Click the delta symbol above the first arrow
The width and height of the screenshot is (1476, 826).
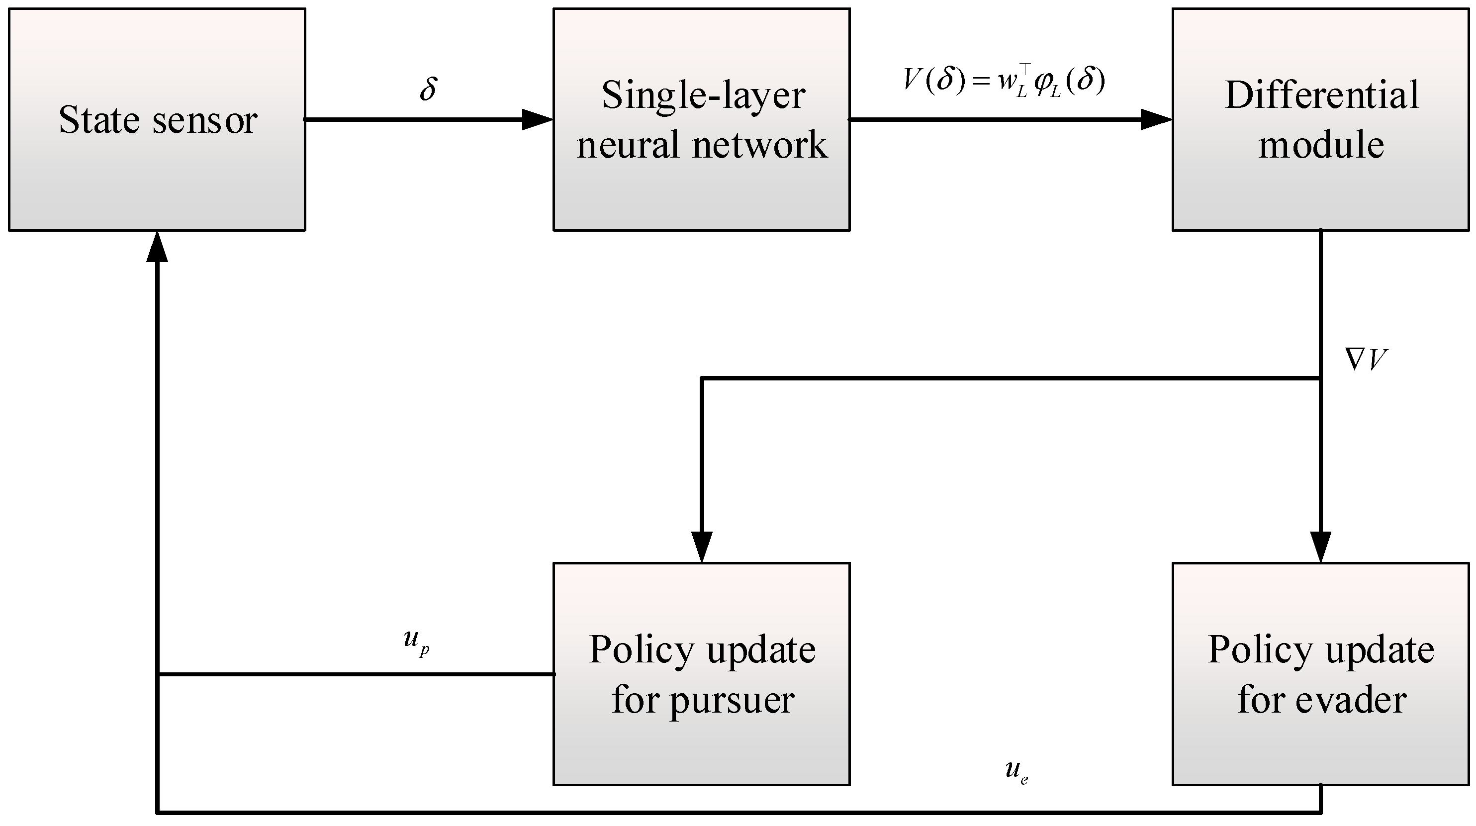tap(428, 89)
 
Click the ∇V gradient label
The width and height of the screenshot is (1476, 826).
tap(1366, 360)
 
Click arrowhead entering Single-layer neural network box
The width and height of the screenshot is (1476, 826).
tap(537, 120)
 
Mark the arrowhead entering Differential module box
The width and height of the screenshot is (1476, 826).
tap(1156, 120)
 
